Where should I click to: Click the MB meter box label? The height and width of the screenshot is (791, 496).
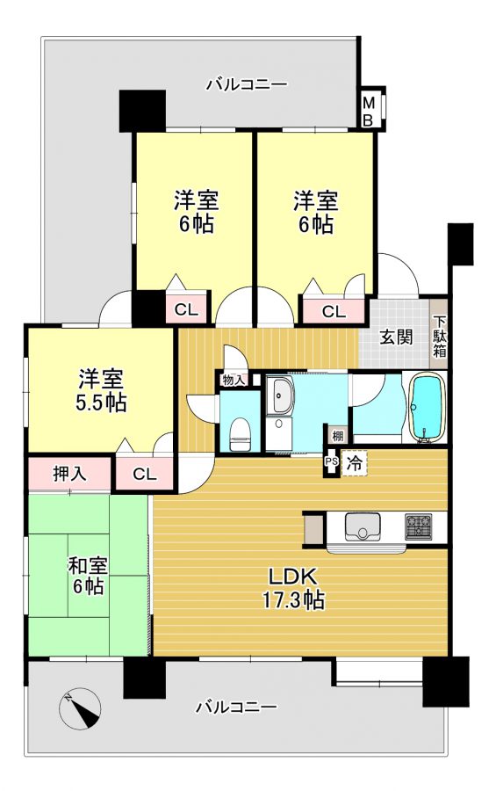click(369, 112)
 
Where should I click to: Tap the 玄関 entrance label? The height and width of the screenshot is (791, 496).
click(396, 337)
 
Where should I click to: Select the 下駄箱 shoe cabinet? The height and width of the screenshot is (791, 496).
click(439, 336)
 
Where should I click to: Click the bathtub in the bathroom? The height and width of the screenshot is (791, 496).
click(427, 408)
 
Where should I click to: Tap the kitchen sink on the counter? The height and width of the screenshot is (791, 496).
click(362, 527)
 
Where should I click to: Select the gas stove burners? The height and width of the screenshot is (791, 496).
click(418, 526)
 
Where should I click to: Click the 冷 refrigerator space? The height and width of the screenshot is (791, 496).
click(355, 463)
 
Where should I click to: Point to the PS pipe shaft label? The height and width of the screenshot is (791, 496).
click(331, 461)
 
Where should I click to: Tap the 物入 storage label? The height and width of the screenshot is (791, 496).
click(233, 381)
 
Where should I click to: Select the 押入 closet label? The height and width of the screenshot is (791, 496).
click(70, 473)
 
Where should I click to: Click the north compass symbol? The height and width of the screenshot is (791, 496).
click(80, 708)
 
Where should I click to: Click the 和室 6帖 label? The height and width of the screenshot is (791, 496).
click(88, 577)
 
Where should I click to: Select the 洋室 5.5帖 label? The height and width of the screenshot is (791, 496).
click(101, 390)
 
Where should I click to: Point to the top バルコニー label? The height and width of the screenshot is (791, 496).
click(247, 83)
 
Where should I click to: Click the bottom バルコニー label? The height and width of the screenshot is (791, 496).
click(236, 707)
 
